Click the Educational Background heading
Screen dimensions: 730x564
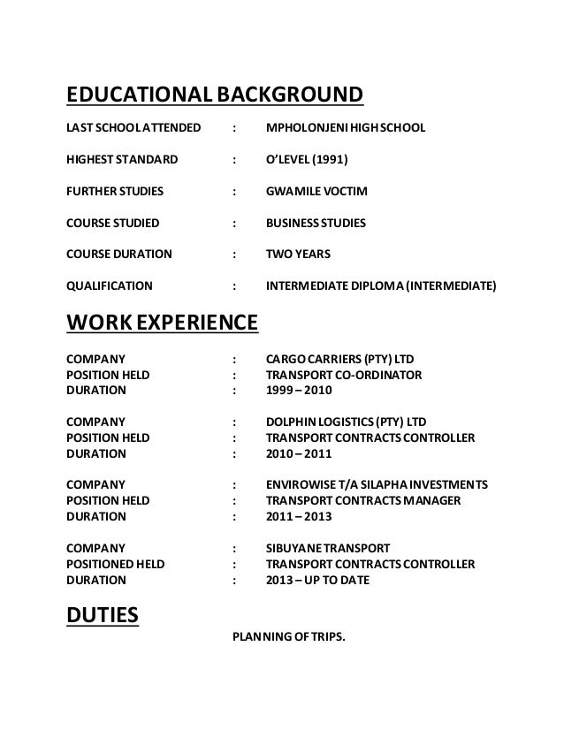pyautogui.click(x=216, y=95)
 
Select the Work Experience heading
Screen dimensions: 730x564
pyautogui.click(x=163, y=323)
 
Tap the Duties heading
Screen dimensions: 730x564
pyautogui.click(x=103, y=613)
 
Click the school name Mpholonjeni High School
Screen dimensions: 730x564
pyautogui.click(x=345, y=128)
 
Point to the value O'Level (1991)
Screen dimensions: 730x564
pyautogui.click(x=307, y=160)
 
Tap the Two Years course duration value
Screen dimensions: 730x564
pyautogui.click(x=298, y=255)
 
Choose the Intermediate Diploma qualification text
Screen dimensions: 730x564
pyautogui.click(x=381, y=285)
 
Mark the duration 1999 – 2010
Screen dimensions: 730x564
pyautogui.click(x=301, y=391)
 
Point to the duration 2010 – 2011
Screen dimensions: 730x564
pyautogui.click(x=301, y=453)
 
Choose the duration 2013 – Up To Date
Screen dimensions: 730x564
pyautogui.click(x=318, y=580)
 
